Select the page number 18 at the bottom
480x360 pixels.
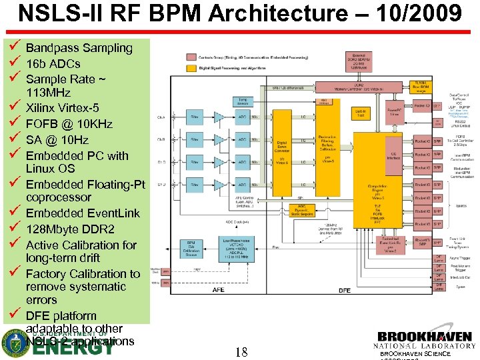[x=241, y=351]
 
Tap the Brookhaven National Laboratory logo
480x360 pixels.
[x=424, y=340]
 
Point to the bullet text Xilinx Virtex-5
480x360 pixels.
[x=62, y=107]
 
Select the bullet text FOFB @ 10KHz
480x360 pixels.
[x=69, y=123]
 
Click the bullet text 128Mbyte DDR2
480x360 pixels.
[x=70, y=229]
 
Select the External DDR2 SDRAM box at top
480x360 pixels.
[x=359, y=61]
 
